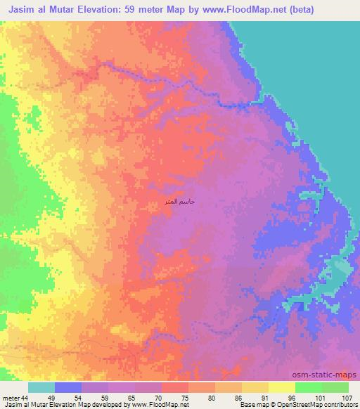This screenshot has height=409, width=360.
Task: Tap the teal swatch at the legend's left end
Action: (x=41, y=387)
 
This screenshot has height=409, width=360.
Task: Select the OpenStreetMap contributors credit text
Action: (x=321, y=405)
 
